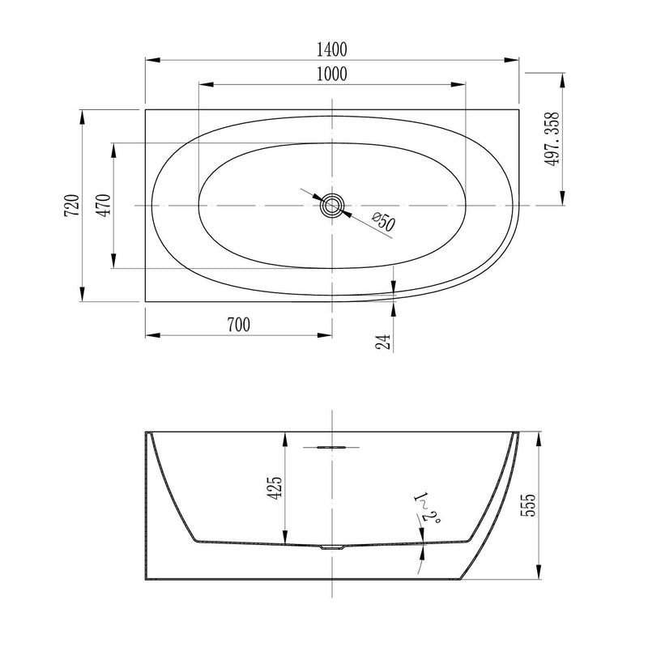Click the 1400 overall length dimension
click(332, 49)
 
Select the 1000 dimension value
click(332, 74)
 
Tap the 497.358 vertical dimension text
click(553, 138)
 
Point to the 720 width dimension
click(71, 205)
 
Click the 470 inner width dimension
click(102, 206)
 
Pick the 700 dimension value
click(238, 325)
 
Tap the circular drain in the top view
click(332, 206)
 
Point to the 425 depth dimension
click(275, 487)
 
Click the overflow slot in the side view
click(332, 445)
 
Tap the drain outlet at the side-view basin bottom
click(332, 548)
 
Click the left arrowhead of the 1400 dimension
click(149, 60)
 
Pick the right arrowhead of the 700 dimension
click(327, 334)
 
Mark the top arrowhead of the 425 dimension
click(284, 436)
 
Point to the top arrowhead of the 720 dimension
click(82, 114)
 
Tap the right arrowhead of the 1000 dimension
click(463, 84)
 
